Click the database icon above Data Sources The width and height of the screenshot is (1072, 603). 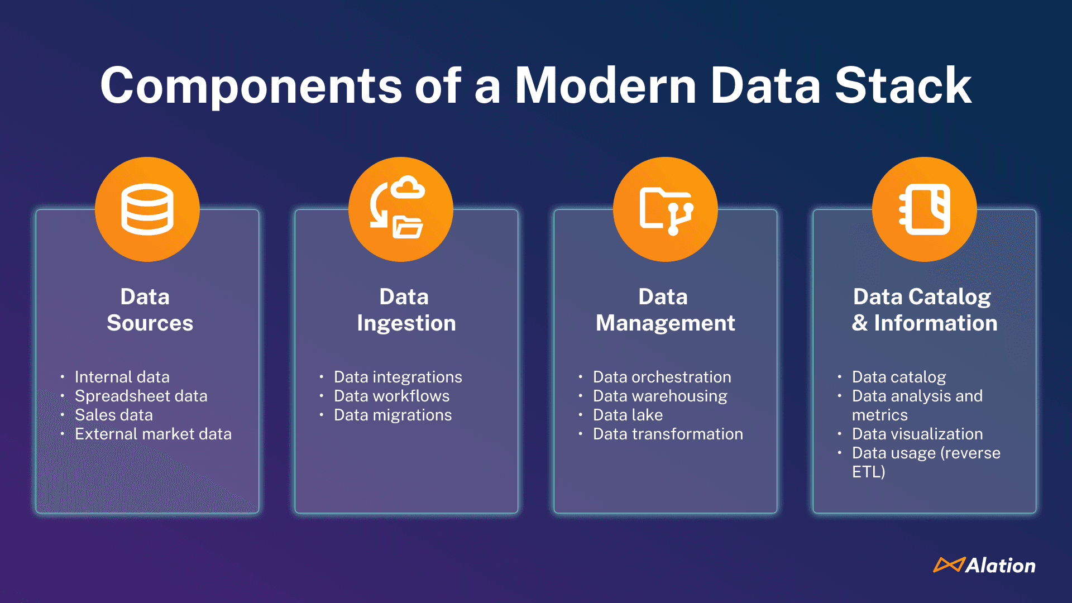pos(147,209)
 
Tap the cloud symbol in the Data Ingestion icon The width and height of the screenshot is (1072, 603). pos(408,188)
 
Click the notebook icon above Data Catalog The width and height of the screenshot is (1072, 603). pos(925,209)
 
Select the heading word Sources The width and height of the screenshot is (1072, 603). pos(150,323)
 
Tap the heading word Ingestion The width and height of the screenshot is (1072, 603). pos(406,323)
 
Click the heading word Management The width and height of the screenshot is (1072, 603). pos(665,323)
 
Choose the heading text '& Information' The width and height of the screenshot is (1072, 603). pos(925,323)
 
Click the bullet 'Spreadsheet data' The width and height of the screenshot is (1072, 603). pos(141,396)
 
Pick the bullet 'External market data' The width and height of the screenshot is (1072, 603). pos(153,434)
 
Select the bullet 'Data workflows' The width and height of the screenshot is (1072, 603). pos(391,396)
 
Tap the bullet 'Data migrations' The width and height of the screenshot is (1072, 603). pos(393,415)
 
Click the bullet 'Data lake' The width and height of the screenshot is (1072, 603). pos(628,415)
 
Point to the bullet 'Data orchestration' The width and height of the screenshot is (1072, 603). pos(662,377)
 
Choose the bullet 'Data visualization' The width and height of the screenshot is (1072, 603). pos(917,434)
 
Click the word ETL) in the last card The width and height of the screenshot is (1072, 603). pos(868,472)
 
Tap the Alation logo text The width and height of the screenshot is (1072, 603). pos(1000,566)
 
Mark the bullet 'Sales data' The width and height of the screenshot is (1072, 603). pos(113,415)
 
